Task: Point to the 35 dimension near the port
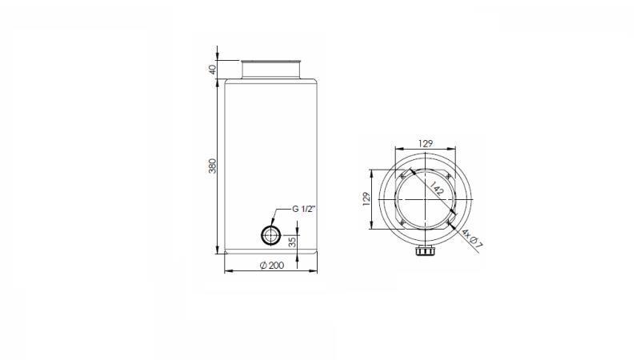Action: tap(292, 241)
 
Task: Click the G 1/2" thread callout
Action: tap(305, 209)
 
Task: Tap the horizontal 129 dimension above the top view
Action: tap(426, 143)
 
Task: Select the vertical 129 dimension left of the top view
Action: tap(365, 198)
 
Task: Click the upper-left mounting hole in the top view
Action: tap(402, 175)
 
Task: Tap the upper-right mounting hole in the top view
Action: tap(448, 175)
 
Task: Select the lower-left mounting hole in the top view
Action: tap(402, 222)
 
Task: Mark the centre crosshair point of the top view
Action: tap(425, 198)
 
